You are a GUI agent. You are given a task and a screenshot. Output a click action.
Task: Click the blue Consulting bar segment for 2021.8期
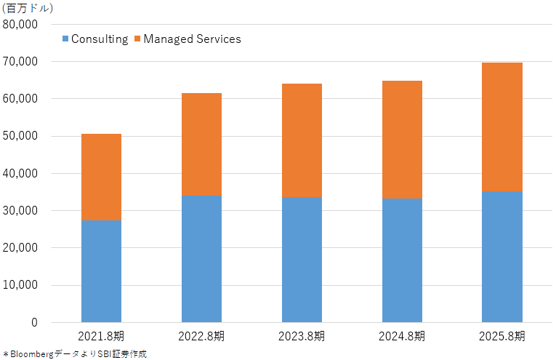coord(102,271)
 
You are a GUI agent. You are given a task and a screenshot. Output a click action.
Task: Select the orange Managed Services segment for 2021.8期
coord(102,177)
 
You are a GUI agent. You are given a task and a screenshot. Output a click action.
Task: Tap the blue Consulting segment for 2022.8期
coord(202,259)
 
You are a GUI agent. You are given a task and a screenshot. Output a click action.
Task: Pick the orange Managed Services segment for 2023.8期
coord(302,140)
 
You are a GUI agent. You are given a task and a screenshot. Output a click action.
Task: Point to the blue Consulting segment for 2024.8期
coord(402,260)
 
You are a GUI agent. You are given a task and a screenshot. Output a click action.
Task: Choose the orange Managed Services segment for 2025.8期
coord(502,127)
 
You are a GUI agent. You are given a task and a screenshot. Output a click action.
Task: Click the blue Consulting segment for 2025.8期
coord(502,257)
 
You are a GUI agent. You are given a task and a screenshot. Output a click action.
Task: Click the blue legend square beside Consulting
coord(65,39)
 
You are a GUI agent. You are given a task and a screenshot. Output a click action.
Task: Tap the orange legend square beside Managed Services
coord(137,39)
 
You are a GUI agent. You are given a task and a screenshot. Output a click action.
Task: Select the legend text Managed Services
coord(192,39)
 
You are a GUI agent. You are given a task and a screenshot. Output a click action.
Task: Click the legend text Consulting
coord(100,39)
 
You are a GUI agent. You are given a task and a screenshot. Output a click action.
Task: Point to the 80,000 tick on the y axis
coord(20,25)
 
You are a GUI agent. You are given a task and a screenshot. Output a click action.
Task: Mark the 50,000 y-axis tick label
coord(20,136)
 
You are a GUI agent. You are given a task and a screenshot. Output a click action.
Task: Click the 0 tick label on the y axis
coord(34,322)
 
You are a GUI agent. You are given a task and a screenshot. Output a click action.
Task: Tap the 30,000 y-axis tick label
coord(20,211)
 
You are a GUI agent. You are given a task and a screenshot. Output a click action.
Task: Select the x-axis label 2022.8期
coord(201,336)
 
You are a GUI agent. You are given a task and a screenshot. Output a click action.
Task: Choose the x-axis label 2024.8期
coord(402,336)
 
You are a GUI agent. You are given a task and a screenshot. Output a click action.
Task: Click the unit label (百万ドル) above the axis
coord(28,8)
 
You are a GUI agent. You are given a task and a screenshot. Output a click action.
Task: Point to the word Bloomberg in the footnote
coord(32,354)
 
